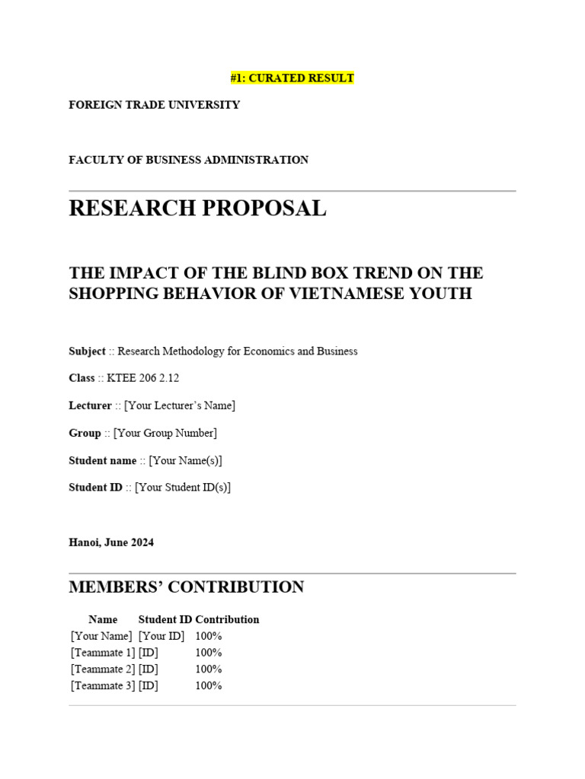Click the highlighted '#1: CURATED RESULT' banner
pos(292,78)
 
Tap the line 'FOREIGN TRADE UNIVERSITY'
pos(155,105)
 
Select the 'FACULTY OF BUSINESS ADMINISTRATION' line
pos(189,160)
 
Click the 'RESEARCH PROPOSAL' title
pos(197,208)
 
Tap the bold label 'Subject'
pos(87,351)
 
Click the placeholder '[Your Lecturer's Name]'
pos(180,405)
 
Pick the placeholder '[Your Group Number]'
pos(165,433)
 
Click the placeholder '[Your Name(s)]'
pos(185,460)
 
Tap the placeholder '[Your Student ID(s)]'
pos(183,488)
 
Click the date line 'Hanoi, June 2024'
pos(111,542)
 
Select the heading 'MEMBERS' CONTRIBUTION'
pos(187,587)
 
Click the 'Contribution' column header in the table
pos(227,619)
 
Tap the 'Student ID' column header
pos(165,619)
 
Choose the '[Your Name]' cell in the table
pos(101,636)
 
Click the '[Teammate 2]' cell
pos(103,669)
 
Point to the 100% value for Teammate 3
pos(209,686)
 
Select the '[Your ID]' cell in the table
pos(161,636)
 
